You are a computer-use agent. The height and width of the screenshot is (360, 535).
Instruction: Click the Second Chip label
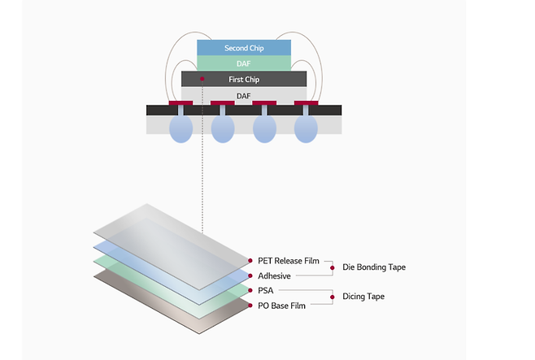(244, 48)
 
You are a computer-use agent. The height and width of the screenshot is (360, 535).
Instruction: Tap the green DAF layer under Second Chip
(244, 63)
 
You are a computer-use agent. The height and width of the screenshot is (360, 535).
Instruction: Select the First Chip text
(244, 80)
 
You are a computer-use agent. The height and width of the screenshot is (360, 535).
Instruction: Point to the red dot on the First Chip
(202, 79)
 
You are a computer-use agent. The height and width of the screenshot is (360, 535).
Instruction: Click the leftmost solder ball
(181, 128)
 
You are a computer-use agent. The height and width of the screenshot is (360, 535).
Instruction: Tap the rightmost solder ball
(306, 128)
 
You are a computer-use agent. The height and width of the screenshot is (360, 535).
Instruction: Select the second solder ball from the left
(223, 128)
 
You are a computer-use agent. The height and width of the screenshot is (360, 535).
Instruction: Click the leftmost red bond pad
(181, 103)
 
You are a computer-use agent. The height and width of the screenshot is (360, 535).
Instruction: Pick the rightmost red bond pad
(306, 103)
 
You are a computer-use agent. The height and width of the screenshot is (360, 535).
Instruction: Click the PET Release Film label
(289, 261)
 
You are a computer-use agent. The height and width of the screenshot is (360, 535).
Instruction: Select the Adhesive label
(274, 275)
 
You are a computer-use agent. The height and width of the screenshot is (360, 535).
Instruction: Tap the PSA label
(265, 290)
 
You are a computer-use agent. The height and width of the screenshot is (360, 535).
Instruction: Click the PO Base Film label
(281, 306)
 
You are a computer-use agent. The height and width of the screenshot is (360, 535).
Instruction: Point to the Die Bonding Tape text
(374, 267)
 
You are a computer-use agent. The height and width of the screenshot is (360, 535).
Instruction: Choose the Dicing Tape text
(363, 297)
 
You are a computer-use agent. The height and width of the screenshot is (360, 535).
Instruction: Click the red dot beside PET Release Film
(250, 261)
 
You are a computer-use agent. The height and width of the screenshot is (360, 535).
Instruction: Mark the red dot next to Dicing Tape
(333, 297)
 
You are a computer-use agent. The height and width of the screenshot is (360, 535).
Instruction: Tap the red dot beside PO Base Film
(250, 306)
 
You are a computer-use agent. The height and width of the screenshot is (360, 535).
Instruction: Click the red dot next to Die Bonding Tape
(333, 268)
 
